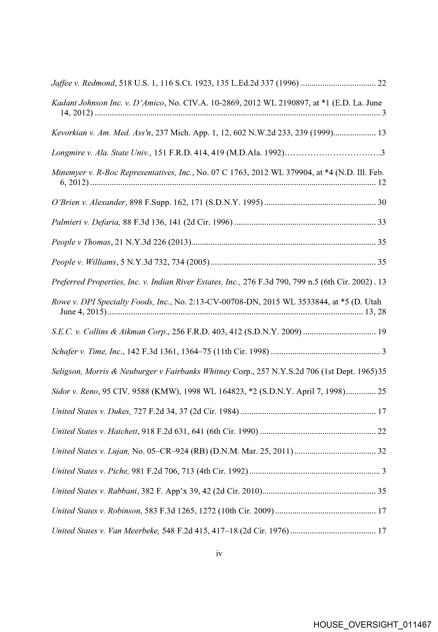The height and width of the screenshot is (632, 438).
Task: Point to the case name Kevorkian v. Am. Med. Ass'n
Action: coord(102,133)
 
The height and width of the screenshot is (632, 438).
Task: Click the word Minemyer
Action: coord(69,173)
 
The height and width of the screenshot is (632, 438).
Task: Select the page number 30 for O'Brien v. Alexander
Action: coord(382,202)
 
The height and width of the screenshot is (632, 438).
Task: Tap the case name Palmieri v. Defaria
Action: coord(86,222)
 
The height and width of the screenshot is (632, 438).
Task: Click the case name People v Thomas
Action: coord(81,242)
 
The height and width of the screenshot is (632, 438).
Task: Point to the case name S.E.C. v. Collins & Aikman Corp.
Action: coord(110,332)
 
